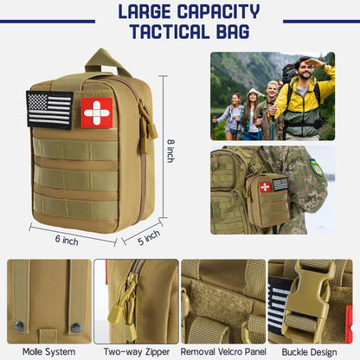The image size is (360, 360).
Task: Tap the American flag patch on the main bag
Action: (x=49, y=110)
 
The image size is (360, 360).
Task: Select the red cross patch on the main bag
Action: (x=97, y=112)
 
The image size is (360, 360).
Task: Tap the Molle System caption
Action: (x=48, y=350)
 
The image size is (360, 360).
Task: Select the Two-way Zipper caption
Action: (x=136, y=350)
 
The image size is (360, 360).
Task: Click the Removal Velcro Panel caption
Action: (x=223, y=350)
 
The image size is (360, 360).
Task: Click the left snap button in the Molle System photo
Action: (x=20, y=325)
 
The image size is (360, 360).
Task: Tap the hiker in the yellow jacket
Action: (x=302, y=95)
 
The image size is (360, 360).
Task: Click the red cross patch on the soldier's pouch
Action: (x=265, y=187)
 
